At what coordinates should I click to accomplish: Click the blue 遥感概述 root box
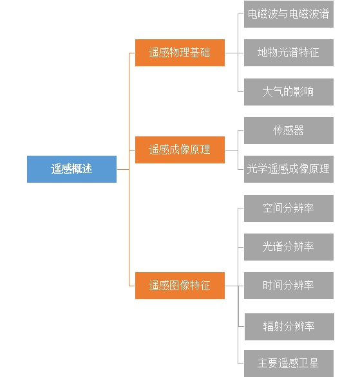(x=71, y=169)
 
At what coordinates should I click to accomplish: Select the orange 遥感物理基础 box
(x=180, y=53)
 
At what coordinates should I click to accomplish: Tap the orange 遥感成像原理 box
(x=180, y=150)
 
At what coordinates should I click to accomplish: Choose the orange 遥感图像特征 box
(x=180, y=286)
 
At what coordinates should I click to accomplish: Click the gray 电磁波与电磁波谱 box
(x=289, y=14)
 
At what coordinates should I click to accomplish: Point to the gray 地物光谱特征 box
(x=289, y=53)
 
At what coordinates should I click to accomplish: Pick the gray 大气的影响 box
(x=289, y=92)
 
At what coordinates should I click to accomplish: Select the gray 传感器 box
(x=289, y=131)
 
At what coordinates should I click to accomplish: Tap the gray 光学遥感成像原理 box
(x=289, y=169)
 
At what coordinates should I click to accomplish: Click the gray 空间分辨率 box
(x=289, y=208)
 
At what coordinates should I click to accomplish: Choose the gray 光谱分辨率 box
(x=289, y=247)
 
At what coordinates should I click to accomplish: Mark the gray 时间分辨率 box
(x=289, y=286)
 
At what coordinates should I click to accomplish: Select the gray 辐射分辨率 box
(x=289, y=327)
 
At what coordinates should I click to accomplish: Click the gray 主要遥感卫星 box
(x=289, y=363)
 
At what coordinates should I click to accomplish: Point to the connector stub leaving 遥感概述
(x=123, y=169)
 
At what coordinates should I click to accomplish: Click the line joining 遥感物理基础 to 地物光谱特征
(x=234, y=53)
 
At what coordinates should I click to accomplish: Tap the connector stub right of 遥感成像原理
(x=231, y=151)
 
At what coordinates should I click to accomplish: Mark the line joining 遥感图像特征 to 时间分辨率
(x=234, y=286)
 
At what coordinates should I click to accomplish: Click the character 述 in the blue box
(x=87, y=169)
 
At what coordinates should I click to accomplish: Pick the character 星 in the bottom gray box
(x=314, y=363)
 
